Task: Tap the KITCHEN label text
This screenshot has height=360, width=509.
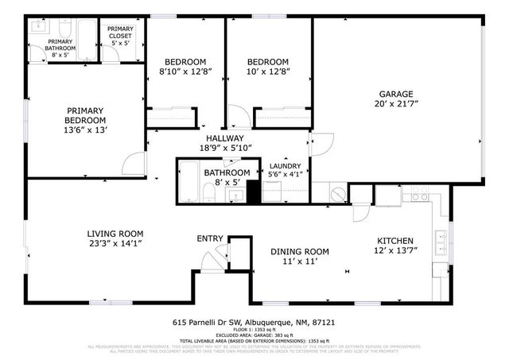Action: [394, 241]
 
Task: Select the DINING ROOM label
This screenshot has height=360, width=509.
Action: [300, 251]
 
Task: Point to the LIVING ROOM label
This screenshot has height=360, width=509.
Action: [115, 234]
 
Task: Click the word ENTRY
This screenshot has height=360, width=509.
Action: [210, 238]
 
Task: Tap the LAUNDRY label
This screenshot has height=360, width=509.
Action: [285, 166]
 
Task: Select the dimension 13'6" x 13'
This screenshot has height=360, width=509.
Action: [87, 130]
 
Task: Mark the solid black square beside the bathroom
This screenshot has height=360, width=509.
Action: [254, 192]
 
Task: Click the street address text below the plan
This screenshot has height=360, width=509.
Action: [254, 323]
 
